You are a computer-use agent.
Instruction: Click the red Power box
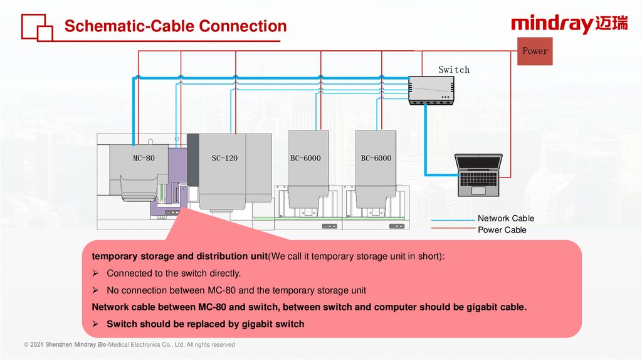click(535, 51)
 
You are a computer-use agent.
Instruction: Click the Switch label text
click(453, 70)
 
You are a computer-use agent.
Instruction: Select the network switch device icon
click(430, 90)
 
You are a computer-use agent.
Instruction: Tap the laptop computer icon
click(479, 174)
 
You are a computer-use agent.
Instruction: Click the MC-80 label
click(144, 158)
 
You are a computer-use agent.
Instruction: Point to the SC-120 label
click(224, 158)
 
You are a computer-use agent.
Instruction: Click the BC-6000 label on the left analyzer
click(305, 158)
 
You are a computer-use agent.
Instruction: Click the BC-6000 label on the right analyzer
click(376, 158)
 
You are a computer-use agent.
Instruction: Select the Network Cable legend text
click(506, 218)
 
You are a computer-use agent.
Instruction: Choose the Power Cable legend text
click(502, 230)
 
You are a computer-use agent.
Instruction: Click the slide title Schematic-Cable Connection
click(176, 26)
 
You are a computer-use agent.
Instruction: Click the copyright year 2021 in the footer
click(39, 345)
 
